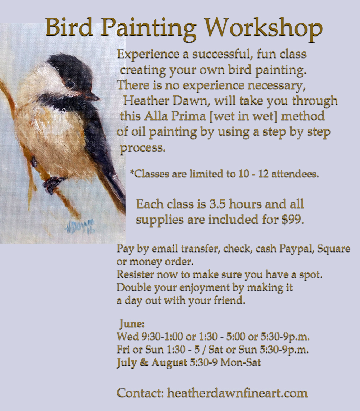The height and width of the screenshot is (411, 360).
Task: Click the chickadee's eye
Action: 70,84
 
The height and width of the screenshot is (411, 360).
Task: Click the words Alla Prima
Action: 165,116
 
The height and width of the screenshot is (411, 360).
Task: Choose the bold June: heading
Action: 132,324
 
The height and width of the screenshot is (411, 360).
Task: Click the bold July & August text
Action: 152,362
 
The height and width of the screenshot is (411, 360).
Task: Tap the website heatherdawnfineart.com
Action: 237,392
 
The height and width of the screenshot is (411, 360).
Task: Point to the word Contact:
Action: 140,392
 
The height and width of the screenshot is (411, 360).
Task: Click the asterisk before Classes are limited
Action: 132,174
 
